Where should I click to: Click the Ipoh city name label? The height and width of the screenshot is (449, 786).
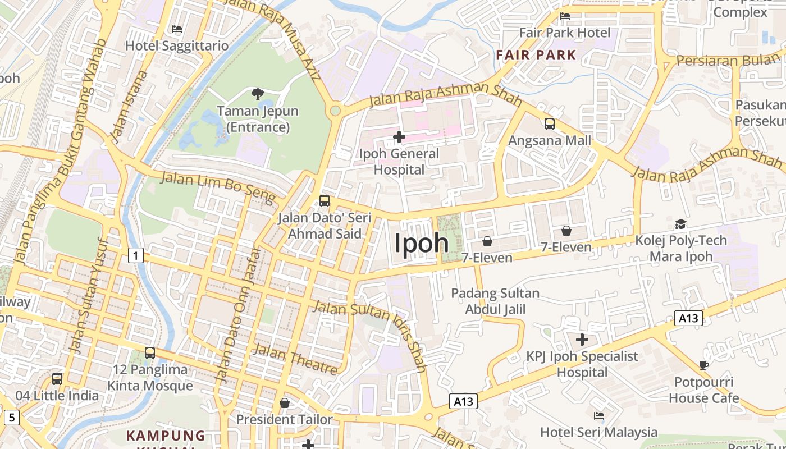coord(422,244)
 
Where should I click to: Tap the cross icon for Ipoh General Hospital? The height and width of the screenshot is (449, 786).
coord(399,136)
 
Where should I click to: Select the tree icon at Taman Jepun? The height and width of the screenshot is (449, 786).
coord(258,94)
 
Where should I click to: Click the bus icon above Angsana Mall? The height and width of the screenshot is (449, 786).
coord(550,124)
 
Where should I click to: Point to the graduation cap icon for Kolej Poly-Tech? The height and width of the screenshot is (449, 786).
coord(680,224)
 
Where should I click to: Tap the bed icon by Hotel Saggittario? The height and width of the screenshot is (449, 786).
coord(177,29)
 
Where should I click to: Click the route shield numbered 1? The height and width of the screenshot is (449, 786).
coord(135,256)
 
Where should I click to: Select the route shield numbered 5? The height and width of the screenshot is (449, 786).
coord(11,417)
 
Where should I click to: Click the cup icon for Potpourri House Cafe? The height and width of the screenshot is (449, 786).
coord(704,366)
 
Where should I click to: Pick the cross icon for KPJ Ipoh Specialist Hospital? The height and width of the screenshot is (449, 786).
coord(582,340)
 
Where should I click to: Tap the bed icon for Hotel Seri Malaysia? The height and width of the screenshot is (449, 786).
coord(599,416)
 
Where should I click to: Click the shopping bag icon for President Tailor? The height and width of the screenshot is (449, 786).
coord(285,403)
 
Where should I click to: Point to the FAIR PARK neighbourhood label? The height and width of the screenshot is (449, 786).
coord(536,55)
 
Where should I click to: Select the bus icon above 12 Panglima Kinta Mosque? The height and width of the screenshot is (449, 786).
coord(150,353)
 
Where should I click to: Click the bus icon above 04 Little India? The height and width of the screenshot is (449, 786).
coord(57,379)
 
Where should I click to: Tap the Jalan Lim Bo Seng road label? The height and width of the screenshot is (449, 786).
coord(219,187)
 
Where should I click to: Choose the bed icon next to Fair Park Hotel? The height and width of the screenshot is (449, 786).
coord(565,16)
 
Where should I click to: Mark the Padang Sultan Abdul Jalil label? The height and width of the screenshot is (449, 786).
coord(495,301)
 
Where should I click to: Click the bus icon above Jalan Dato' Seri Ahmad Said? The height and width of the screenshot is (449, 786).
coord(324,201)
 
